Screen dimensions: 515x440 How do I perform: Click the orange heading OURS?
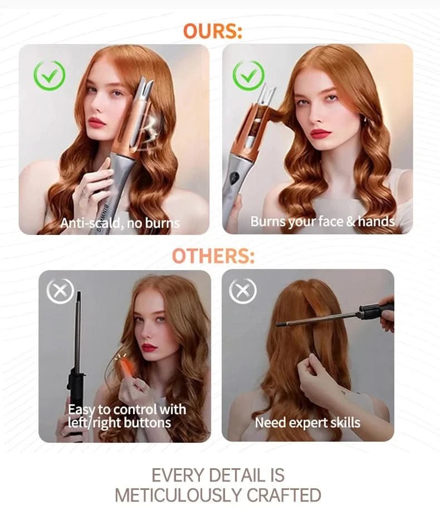click(213, 31)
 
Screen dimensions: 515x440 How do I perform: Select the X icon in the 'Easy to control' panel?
click(60, 291)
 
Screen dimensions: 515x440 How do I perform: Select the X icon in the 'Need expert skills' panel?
click(243, 291)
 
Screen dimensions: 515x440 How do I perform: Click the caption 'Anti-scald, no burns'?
click(120, 223)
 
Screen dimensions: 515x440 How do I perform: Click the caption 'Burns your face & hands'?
click(322, 221)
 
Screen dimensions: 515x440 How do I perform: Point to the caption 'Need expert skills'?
click(307, 422)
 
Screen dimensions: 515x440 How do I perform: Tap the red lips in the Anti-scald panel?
click(97, 122)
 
